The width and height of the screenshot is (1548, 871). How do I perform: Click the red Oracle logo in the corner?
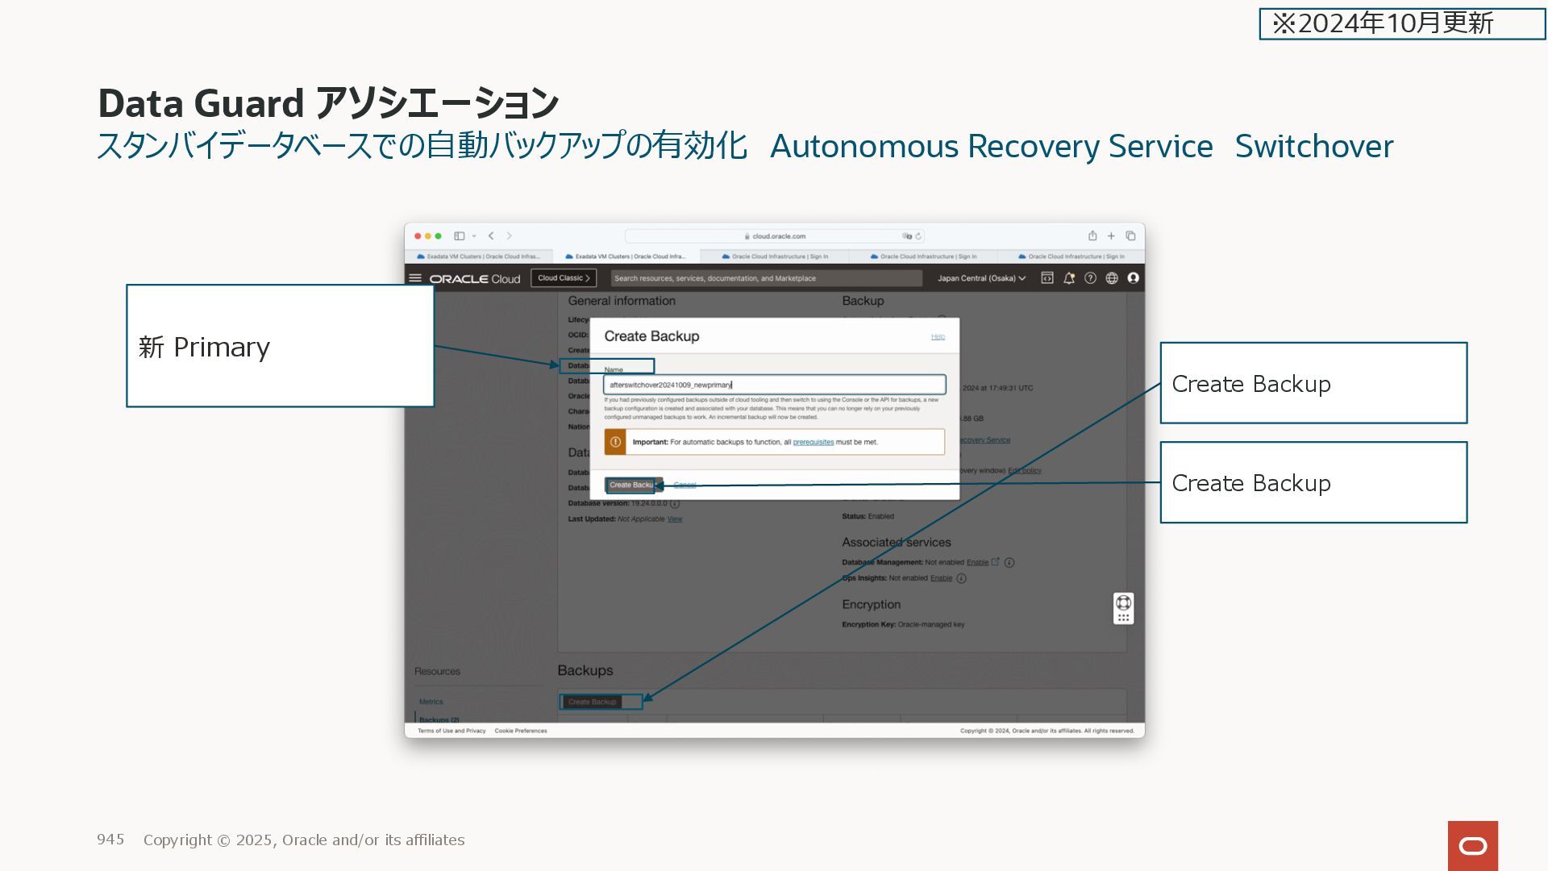(1472, 845)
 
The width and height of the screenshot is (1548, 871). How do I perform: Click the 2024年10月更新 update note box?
(1401, 23)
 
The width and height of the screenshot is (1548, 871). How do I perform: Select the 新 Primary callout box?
(280, 346)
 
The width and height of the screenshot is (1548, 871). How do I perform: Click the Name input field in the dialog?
(774, 385)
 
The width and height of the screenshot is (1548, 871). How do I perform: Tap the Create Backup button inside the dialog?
(632, 485)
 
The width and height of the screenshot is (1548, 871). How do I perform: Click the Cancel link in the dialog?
(685, 485)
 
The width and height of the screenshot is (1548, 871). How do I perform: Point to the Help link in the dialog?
(938, 336)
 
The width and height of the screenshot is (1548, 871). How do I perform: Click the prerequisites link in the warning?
(813, 442)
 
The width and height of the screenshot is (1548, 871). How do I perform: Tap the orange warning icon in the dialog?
(615, 442)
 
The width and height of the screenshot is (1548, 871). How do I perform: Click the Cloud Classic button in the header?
(564, 278)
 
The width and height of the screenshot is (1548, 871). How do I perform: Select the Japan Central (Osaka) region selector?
(981, 278)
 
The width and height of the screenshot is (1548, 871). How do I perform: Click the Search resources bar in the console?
(766, 278)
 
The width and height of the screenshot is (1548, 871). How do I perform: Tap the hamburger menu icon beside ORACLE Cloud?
(415, 278)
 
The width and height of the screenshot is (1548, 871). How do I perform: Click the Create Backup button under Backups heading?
(593, 702)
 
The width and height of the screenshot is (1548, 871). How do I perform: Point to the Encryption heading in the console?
(871, 604)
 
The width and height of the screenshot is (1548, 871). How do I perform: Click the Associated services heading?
(896, 542)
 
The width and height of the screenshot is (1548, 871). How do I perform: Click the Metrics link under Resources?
(431, 702)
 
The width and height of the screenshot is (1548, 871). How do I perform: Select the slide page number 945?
(110, 840)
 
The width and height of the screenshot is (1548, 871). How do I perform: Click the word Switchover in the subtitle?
(1313, 146)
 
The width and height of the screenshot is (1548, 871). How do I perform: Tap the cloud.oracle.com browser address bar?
(774, 236)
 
